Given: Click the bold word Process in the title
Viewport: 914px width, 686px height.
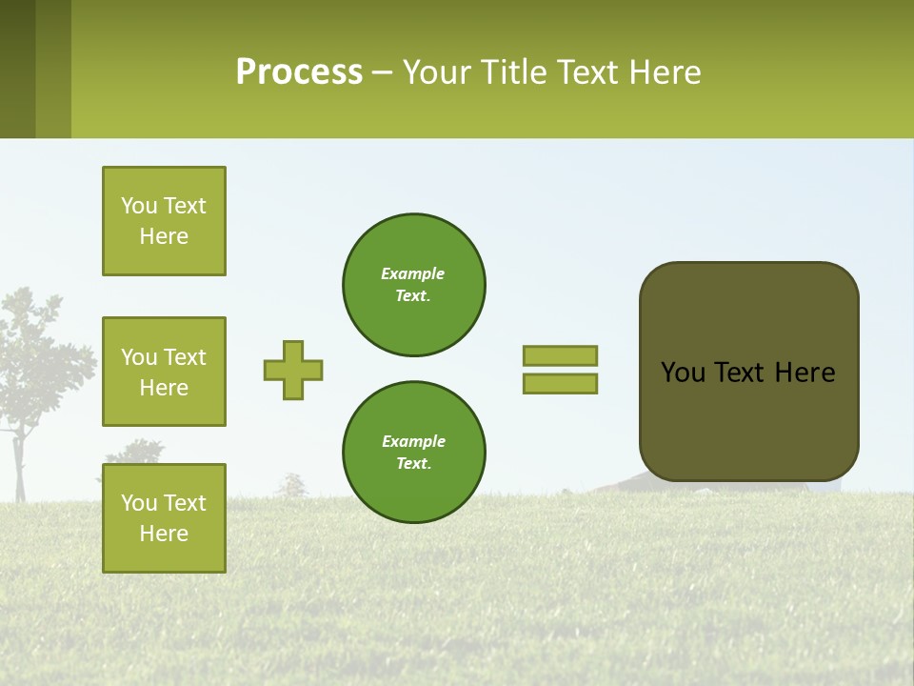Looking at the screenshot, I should [x=299, y=72].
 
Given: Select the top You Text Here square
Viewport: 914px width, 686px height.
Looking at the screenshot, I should [x=164, y=221].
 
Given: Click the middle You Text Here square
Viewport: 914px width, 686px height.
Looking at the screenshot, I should [x=164, y=372].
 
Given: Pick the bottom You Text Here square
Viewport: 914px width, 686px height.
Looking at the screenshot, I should [x=164, y=517].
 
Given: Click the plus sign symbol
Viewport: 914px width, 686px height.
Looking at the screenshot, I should [x=293, y=370].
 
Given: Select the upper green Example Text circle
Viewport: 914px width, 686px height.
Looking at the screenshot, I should [x=413, y=284].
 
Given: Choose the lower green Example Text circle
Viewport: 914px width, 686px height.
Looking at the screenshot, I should [x=413, y=452].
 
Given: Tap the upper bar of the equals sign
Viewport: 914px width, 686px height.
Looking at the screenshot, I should [x=560, y=355].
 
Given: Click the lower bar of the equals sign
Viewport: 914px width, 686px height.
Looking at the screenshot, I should [x=560, y=383].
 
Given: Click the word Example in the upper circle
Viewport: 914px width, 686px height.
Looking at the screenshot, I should [x=412, y=273].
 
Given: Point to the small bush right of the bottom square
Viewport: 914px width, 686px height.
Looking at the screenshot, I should [x=294, y=487].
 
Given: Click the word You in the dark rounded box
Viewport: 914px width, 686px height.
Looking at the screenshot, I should [x=682, y=373].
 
